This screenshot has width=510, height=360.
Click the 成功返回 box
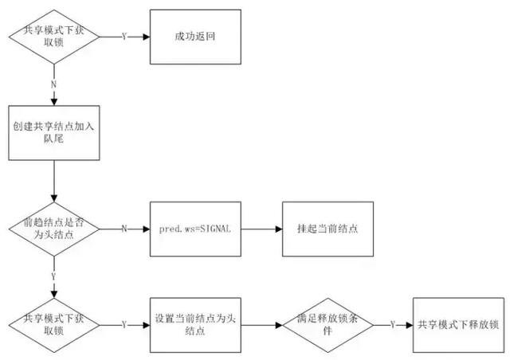[194, 37]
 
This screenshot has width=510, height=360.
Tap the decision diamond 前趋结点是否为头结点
[53, 229]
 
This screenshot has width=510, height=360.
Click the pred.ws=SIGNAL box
[194, 229]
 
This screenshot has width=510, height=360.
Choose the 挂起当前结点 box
[326, 229]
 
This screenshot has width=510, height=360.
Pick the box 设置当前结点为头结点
[194, 325]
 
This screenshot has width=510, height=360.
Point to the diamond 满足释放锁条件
[326, 325]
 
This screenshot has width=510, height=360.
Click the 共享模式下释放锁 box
[458, 325]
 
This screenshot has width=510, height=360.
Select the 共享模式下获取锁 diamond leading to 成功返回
[53, 37]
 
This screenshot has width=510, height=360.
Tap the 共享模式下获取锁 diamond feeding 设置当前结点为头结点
[53, 325]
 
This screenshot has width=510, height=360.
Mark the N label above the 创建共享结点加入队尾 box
[53, 83]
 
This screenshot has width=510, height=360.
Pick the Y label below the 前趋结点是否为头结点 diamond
[53, 276]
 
